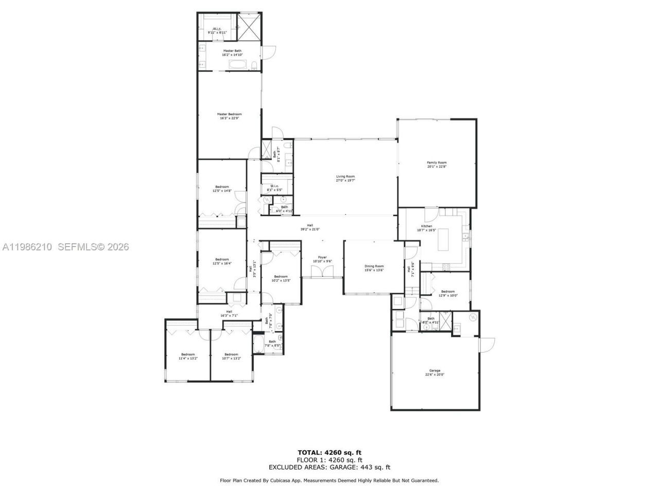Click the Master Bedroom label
[229, 114]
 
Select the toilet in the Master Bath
[255, 64]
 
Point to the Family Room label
[437, 163]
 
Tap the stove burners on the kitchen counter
[446, 266]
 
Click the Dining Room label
[374, 266]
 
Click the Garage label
[435, 370]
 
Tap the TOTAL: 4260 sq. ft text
[329, 453]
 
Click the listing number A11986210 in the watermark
[27, 247]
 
